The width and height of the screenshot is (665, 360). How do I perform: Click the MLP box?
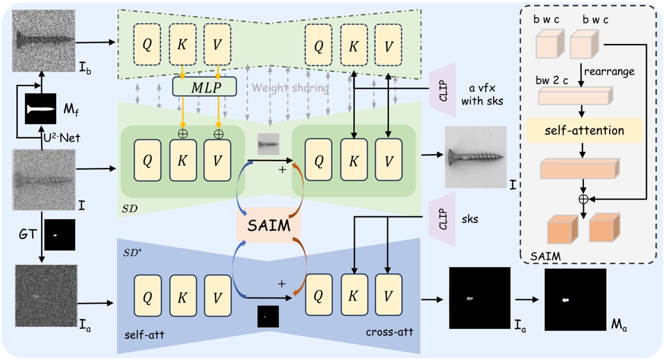pos(204,86)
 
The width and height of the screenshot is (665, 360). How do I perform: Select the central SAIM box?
pos(269,226)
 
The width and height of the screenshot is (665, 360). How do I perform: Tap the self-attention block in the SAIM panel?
pos(583,130)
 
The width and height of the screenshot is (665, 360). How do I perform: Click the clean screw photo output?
pos(475,157)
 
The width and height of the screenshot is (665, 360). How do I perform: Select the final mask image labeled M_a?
pos(575,300)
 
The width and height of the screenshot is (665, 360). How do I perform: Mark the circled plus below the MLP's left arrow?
pos(183,134)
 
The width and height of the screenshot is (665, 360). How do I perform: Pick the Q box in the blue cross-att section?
pos(318,294)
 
